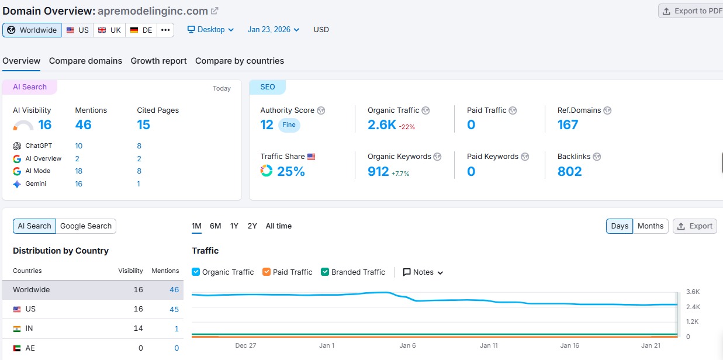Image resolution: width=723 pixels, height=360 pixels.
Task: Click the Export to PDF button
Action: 691,11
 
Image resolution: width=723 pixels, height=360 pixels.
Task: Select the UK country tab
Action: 109,30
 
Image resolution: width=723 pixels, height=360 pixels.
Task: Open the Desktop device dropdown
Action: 210,30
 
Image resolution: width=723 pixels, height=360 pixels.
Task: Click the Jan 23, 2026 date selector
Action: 273,30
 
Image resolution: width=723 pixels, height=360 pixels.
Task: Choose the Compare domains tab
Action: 85,61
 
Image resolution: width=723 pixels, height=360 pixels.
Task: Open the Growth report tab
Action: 158,61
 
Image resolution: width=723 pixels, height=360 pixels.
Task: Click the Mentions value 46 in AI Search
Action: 83,124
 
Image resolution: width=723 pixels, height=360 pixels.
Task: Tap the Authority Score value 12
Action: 267,124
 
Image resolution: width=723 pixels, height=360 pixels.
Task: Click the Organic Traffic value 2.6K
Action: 382,124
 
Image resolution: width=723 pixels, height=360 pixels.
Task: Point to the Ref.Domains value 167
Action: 568,124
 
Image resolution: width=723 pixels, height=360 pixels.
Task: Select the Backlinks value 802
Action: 569,171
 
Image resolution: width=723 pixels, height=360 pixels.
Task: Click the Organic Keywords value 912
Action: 378,171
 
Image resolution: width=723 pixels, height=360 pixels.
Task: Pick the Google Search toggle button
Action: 86,226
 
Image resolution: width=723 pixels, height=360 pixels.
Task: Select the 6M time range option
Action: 215,226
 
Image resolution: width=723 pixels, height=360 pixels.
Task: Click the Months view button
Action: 651,226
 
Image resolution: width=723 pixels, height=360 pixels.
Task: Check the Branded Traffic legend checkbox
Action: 326,272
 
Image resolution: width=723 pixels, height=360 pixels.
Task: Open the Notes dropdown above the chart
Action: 423,272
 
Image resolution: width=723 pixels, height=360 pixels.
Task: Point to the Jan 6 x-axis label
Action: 407,345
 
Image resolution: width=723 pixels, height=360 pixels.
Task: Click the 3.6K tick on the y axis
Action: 693,292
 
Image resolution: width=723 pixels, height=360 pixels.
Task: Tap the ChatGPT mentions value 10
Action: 78,146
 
